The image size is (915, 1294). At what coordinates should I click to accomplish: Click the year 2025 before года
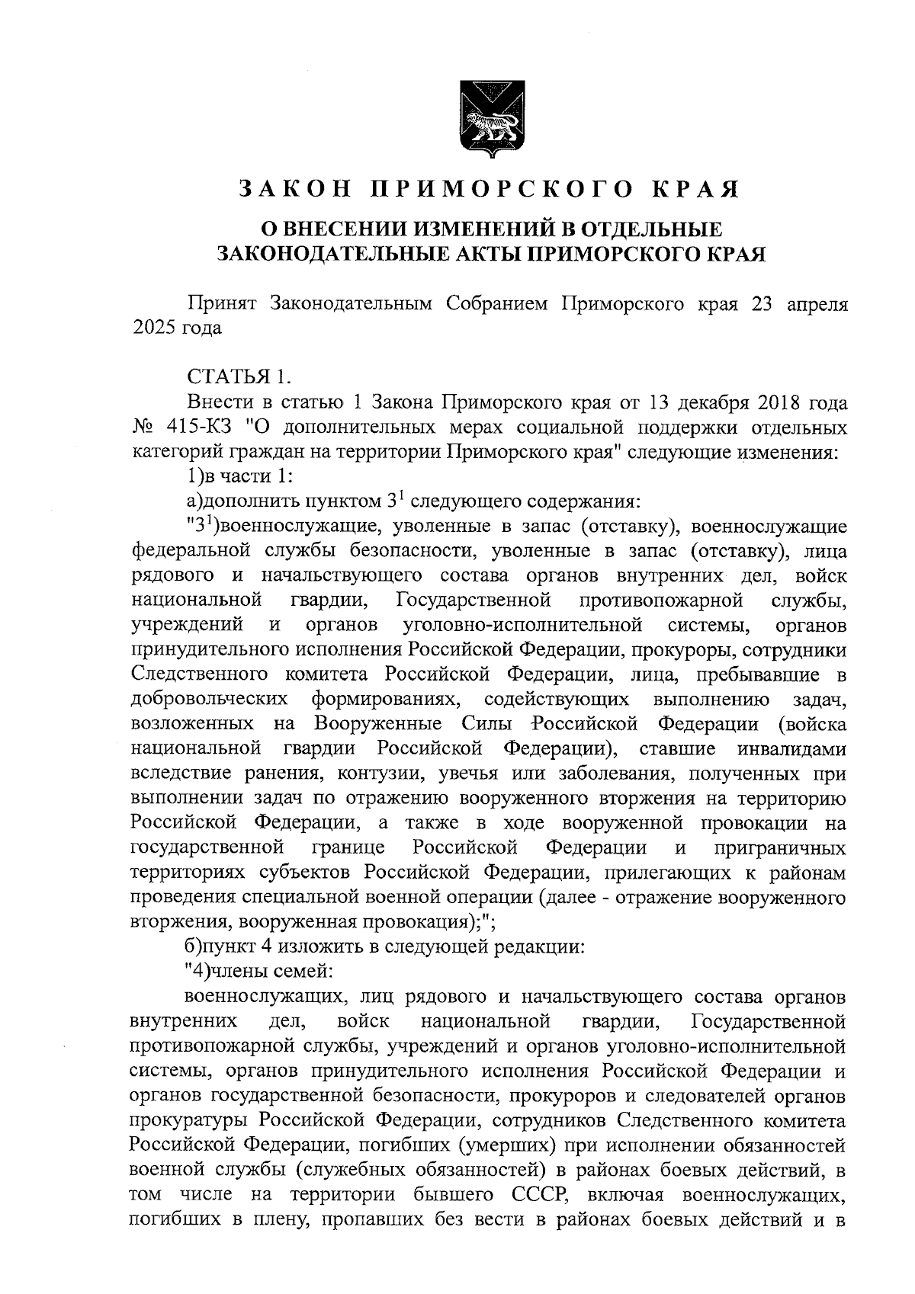pos(153,328)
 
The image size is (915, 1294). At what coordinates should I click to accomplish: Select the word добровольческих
pos(209,699)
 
